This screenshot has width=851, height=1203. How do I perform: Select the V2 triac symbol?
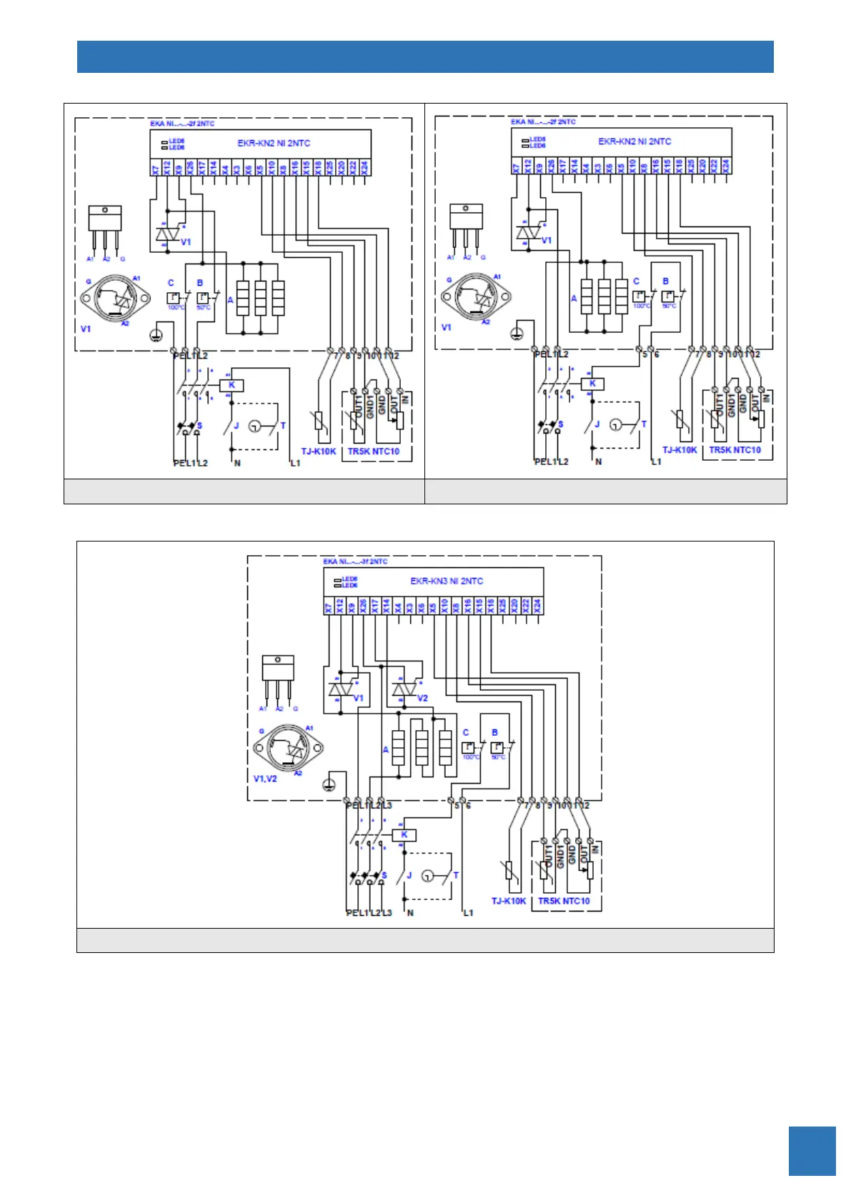click(x=404, y=689)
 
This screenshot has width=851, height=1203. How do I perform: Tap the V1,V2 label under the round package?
click(x=265, y=778)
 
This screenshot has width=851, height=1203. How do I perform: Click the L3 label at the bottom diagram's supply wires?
click(x=387, y=913)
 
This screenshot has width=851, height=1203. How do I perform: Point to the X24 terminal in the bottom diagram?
click(x=537, y=606)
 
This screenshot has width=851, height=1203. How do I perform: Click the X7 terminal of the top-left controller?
click(x=155, y=169)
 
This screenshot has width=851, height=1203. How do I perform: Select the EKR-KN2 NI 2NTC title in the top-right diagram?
click(x=634, y=141)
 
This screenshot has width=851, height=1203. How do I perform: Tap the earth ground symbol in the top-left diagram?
click(x=156, y=334)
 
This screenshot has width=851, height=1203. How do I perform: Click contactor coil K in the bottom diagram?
click(x=404, y=834)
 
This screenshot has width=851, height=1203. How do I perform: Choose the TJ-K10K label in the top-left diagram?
click(x=319, y=451)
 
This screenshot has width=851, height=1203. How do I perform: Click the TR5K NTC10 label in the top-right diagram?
click(x=735, y=450)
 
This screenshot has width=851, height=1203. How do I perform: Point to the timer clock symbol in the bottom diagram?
click(x=427, y=876)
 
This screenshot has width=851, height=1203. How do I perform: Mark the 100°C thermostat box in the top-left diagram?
click(x=174, y=298)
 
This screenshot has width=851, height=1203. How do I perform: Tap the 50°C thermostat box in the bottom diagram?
click(x=497, y=748)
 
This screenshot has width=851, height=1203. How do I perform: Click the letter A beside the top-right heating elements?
click(x=574, y=298)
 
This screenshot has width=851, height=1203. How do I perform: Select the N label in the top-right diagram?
click(x=599, y=461)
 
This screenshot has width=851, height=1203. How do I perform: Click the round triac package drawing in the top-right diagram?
click(x=475, y=296)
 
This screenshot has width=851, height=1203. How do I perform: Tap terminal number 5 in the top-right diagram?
click(x=645, y=354)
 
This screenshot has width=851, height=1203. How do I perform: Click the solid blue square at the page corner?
click(x=812, y=1151)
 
